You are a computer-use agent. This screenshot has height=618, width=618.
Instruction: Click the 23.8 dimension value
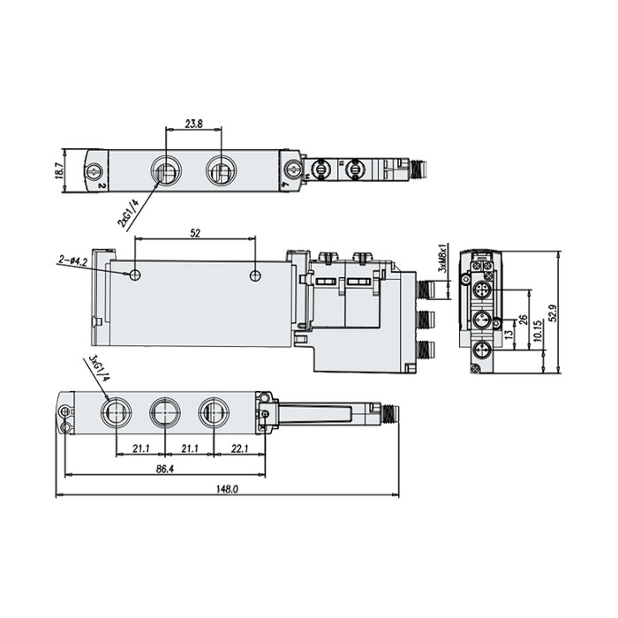click(x=194, y=125)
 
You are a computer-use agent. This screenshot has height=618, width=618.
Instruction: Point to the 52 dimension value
click(x=194, y=234)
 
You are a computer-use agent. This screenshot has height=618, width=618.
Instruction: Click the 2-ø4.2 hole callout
click(x=72, y=261)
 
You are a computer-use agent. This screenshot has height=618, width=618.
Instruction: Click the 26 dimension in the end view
click(x=523, y=319)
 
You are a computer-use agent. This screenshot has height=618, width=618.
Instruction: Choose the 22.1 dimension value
click(x=239, y=449)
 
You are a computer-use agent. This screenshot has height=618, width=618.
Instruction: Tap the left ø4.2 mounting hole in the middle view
click(x=134, y=275)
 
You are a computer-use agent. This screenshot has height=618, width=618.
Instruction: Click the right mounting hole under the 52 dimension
click(x=255, y=275)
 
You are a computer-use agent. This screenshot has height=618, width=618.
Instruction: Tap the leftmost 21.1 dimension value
click(x=139, y=449)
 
